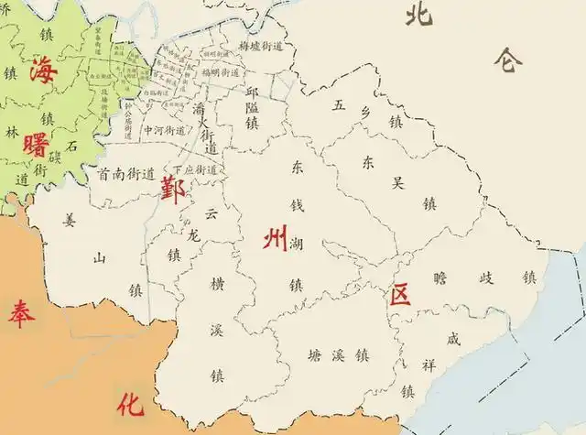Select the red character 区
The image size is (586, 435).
(399, 295)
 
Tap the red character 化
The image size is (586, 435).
(130, 403)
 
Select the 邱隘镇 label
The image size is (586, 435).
(253, 107)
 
